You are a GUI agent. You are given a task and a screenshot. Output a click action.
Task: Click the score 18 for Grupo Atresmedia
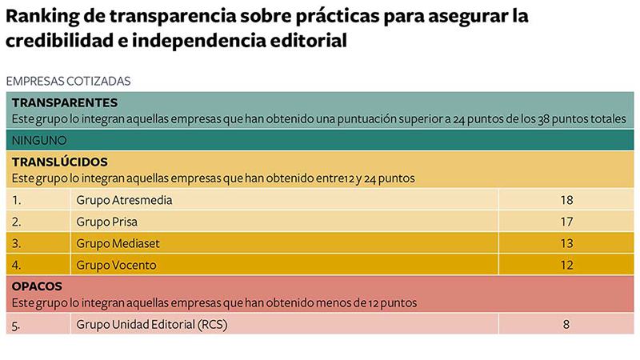pos(567,200)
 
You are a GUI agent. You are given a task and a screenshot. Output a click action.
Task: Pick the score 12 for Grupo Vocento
pos(567,265)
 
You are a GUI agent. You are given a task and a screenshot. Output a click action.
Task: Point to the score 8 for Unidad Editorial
pos(567,324)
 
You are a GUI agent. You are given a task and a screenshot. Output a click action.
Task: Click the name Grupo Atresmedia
pos(124,200)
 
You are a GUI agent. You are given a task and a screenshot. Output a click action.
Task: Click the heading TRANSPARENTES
pos(65,102)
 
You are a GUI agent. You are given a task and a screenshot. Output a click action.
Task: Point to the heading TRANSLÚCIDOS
pos(60,162)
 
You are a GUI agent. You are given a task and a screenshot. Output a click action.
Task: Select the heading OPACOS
pos(39,286)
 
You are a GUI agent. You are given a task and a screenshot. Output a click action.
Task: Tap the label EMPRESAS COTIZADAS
pos(68,81)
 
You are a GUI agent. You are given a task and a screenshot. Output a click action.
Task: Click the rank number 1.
pos(17,200)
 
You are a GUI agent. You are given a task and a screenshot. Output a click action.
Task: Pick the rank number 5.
pos(17,324)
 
